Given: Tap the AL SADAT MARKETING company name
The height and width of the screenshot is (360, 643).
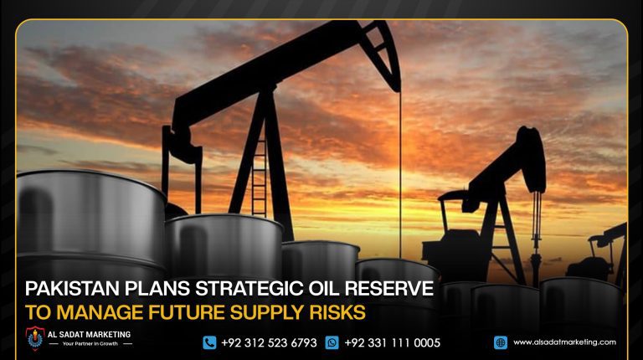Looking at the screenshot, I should click(x=96, y=334).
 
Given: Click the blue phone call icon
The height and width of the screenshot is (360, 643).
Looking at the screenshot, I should click(x=209, y=342).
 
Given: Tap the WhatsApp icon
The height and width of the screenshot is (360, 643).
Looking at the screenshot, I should click(x=332, y=342).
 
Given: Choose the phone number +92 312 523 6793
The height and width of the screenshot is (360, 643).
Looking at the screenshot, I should click(x=269, y=342).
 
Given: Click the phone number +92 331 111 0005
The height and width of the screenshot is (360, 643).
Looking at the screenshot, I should click(x=392, y=342).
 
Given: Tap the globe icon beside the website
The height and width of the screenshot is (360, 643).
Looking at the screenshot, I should click(x=501, y=342).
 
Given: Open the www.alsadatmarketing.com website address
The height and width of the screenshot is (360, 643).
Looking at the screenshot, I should click(x=564, y=342).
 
